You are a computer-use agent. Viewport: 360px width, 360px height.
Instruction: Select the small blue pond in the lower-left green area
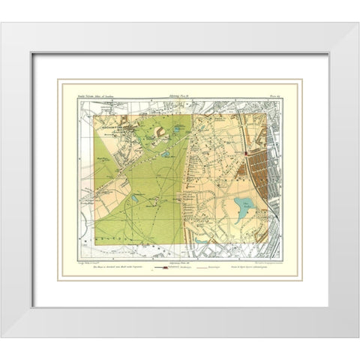tap(133, 198)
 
